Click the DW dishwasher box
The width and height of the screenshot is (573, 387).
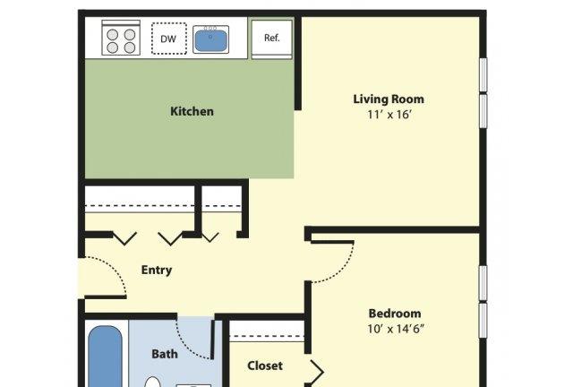pyautogui.click(x=169, y=39)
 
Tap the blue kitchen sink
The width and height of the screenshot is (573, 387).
pyautogui.click(x=211, y=40)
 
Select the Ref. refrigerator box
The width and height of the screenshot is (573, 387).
pyautogui.click(x=272, y=38)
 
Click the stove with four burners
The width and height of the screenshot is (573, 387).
pyautogui.click(x=121, y=38)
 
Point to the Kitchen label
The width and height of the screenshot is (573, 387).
pyautogui.click(x=192, y=111)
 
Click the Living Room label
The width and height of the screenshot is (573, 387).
pyautogui.click(x=389, y=99)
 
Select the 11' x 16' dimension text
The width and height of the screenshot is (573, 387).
pyautogui.click(x=389, y=115)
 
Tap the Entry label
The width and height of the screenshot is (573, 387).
pyautogui.click(x=157, y=271)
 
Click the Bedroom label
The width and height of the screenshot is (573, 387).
pyautogui.click(x=395, y=314)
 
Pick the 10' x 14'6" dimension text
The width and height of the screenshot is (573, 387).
pyautogui.click(x=396, y=329)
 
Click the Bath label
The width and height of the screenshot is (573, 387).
pyautogui.click(x=165, y=354)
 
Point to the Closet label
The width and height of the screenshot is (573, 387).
pyautogui.click(x=265, y=365)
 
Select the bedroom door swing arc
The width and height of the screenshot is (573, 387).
pyautogui.click(x=343, y=270)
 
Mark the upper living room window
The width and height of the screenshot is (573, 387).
pyautogui.click(x=483, y=74)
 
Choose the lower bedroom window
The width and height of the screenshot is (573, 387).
pyautogui.click(x=483, y=321)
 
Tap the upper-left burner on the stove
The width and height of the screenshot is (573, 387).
pyautogui.click(x=113, y=35)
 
